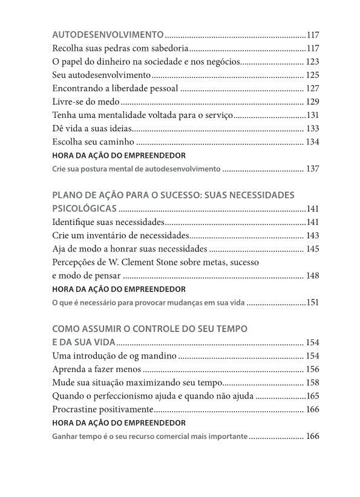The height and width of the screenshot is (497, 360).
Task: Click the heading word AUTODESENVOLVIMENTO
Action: click(108, 34)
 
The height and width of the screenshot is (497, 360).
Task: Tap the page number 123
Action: click(312, 62)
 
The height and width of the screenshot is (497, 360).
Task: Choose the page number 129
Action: click(312, 102)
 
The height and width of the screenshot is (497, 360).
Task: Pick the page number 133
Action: click(312, 128)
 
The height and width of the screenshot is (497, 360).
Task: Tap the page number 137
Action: click(312, 169)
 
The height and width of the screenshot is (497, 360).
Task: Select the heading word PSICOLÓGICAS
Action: click(85, 209)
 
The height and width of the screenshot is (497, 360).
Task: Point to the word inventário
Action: click(117, 235)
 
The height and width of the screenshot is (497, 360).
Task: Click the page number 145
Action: click(312, 248)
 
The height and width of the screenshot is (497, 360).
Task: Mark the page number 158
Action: click(312, 383)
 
